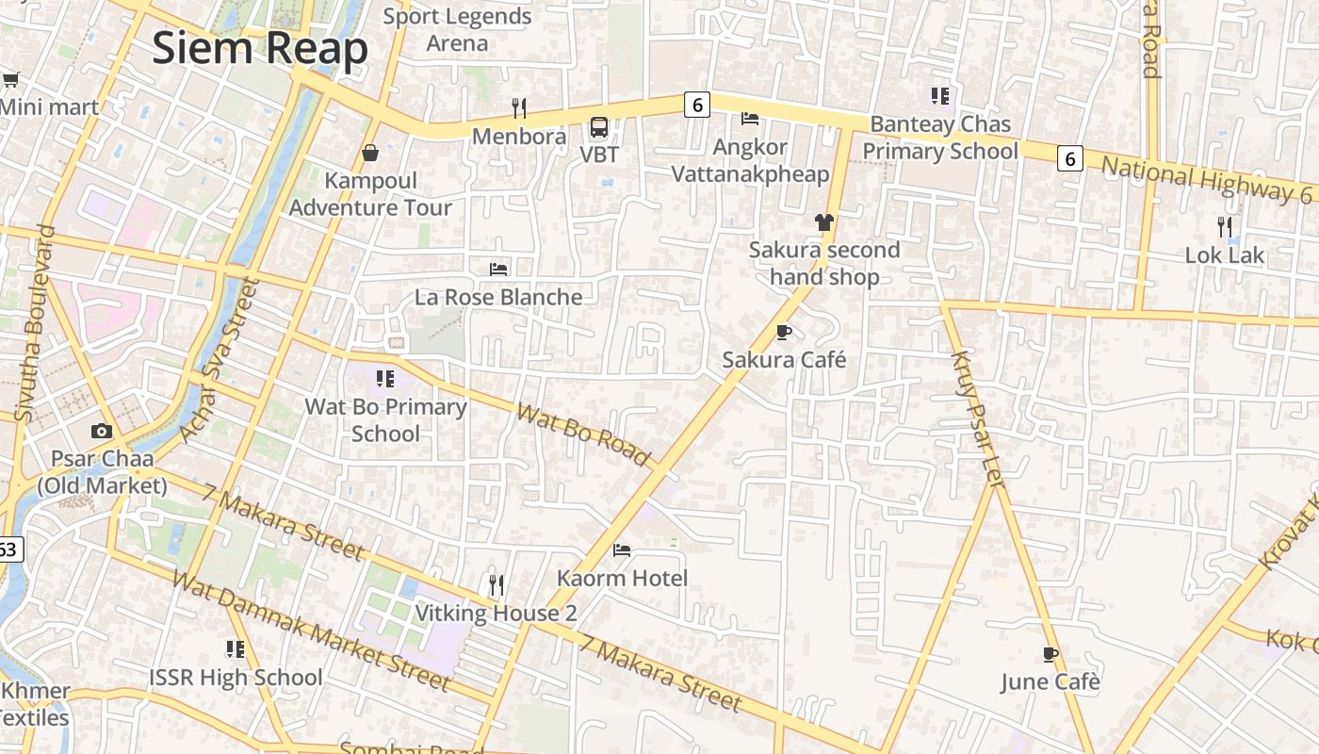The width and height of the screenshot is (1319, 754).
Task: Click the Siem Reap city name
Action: click(259, 48)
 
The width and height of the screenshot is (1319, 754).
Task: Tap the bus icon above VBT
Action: click(598, 127)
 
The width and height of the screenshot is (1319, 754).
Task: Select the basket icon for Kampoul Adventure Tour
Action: click(370, 153)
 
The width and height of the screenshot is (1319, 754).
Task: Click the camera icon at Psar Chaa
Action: click(102, 432)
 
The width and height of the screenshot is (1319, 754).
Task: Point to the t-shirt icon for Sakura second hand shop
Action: click(824, 222)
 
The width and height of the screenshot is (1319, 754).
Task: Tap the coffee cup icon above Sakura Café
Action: click(783, 332)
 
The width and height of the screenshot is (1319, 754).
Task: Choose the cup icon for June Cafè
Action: click(1050, 654)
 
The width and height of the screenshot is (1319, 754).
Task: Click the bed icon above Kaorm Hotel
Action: click(622, 549)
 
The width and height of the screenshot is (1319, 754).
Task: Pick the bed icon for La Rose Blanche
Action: click(498, 270)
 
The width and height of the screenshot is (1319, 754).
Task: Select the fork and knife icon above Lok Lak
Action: click(1224, 227)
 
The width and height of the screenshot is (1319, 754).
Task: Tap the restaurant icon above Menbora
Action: click(518, 108)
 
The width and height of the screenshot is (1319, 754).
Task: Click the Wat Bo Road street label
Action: click(583, 434)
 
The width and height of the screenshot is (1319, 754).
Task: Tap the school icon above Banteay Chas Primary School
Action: click(939, 96)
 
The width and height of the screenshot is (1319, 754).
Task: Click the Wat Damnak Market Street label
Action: click(310, 629)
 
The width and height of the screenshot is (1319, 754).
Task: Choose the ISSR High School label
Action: click(236, 677)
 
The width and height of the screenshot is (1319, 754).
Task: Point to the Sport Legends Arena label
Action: click(457, 29)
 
